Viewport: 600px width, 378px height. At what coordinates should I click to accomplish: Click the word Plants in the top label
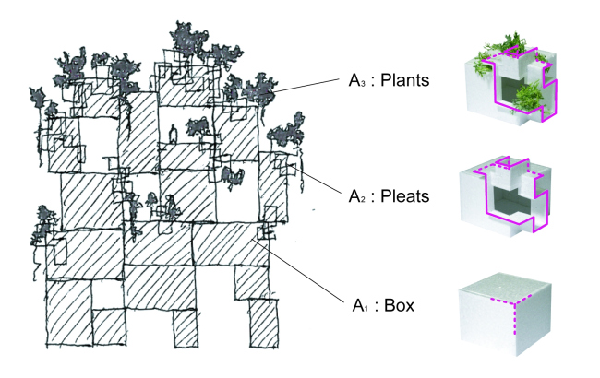[x=403, y=81]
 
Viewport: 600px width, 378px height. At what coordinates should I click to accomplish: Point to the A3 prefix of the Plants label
[x=356, y=82]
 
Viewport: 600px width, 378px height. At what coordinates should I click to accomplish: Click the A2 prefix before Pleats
[x=356, y=196]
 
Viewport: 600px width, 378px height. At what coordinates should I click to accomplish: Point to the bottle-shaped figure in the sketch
[x=172, y=135]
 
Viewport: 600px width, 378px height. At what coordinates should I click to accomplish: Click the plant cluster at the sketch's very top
[x=190, y=38]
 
